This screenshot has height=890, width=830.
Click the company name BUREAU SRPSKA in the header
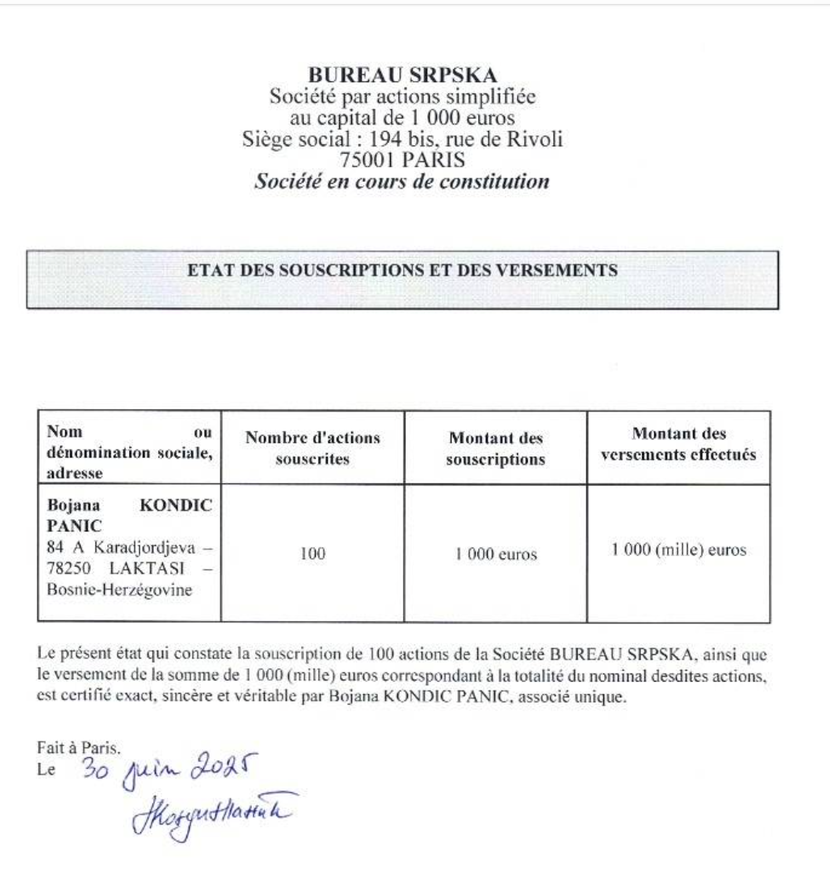(x=402, y=75)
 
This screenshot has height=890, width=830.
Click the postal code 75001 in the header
(x=366, y=160)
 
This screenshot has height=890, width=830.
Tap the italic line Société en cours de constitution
(x=402, y=181)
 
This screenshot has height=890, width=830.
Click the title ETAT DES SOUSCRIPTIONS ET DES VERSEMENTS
(x=402, y=270)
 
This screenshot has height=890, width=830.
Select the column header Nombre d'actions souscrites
(x=312, y=448)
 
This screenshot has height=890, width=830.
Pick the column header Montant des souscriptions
(x=495, y=448)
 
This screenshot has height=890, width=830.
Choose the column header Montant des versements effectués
(x=679, y=444)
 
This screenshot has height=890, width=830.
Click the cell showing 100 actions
(x=312, y=554)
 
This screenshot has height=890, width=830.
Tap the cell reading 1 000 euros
(x=495, y=554)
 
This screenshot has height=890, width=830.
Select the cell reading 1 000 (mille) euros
(x=679, y=550)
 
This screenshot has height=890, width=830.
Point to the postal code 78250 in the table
(x=68, y=568)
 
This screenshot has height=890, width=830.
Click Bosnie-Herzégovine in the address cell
(x=119, y=590)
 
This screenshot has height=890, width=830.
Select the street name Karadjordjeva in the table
(x=144, y=547)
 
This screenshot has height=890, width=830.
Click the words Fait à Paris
(x=79, y=748)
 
